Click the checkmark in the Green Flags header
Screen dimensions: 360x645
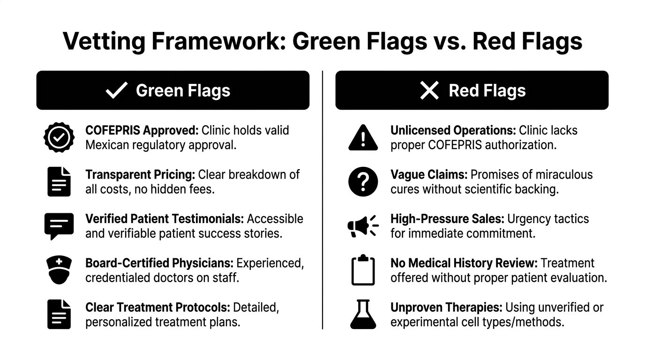117,90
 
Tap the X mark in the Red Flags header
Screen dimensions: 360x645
429,90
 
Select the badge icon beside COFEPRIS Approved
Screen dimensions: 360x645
59,137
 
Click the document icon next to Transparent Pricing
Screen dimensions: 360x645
59,181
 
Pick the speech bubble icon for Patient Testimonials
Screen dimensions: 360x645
59,225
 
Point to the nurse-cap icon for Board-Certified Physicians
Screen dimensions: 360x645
59,270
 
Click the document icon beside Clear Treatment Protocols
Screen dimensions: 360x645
59,314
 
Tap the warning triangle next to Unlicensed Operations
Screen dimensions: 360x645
363,137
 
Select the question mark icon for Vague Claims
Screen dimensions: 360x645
363,181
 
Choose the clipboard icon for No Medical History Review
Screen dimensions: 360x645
363,270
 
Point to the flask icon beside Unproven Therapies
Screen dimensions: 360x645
363,314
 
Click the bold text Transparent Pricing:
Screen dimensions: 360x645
140,175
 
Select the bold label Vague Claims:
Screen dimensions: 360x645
429,175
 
